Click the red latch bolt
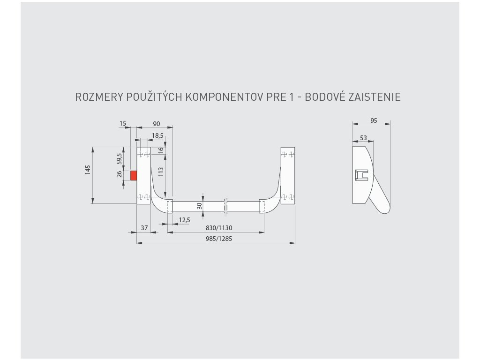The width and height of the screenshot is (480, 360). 134,175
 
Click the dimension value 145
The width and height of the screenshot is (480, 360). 88,170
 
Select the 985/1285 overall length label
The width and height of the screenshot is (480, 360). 219,238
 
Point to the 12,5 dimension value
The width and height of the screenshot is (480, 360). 185,220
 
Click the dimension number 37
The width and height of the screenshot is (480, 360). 144,228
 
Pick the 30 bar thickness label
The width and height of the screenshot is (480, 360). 199,205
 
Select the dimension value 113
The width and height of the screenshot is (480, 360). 161,171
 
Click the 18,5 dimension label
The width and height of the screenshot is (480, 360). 157,135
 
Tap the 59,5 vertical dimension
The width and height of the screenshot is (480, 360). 120,158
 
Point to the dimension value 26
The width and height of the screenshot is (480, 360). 120,174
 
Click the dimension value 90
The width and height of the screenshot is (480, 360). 156,124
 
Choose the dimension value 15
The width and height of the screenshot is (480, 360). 123,124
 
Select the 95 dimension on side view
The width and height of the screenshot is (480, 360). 374,120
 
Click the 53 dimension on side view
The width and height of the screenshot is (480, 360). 363,138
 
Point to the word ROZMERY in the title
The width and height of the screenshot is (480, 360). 99,97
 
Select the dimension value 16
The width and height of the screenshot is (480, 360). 161,150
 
